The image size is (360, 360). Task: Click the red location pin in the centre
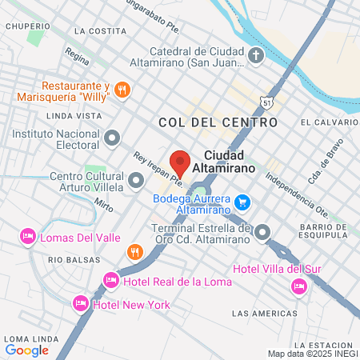click(180, 162)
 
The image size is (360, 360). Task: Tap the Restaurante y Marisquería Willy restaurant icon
click(122, 90)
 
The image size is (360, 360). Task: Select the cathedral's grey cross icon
click(255, 56)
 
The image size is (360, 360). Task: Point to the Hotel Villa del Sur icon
click(299, 286)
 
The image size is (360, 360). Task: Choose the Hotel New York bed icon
click(80, 304)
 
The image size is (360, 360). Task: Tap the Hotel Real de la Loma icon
click(111, 281)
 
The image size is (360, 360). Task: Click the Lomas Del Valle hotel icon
click(27, 236)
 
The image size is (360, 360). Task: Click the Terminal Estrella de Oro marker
click(263, 232)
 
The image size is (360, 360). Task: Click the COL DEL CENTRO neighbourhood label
click(218, 122)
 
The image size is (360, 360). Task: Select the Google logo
click(26, 349)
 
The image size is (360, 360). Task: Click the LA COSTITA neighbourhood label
click(99, 30)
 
